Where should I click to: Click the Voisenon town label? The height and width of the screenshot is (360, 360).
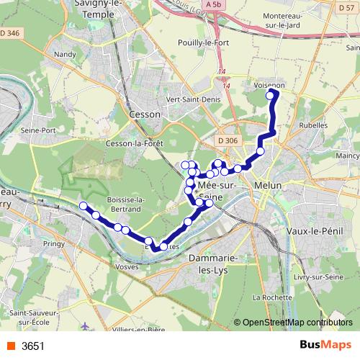coord(270,84)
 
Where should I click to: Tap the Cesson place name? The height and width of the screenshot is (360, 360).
coord(144,113)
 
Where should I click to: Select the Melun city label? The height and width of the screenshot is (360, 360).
coord(267,185)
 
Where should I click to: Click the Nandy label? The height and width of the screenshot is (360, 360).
coord(65,54)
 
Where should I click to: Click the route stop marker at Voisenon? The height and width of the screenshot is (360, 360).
coord(271,95)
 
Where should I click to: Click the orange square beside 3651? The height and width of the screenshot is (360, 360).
coord(11,346)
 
